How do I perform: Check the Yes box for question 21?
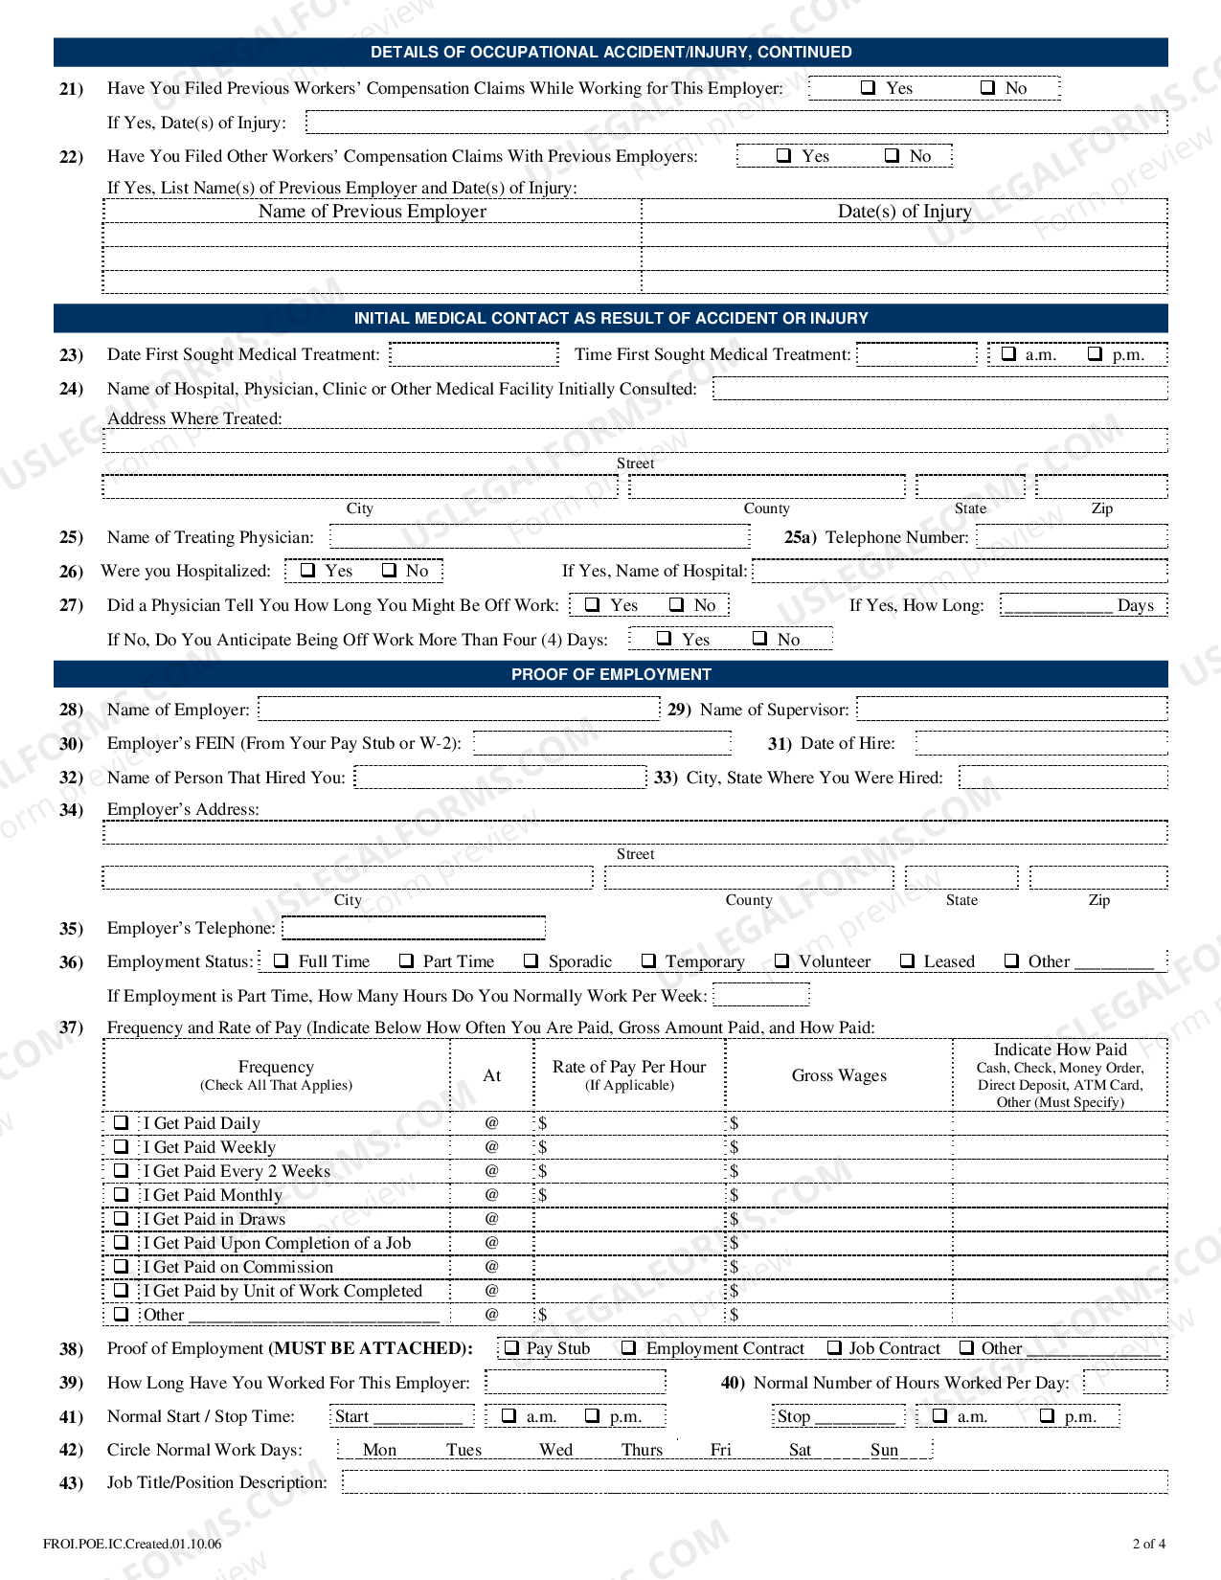tap(869, 87)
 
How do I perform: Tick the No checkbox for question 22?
tap(892, 155)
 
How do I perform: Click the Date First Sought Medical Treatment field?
tap(474, 354)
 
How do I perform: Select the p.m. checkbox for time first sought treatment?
tap(1096, 353)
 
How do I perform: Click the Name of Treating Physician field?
tap(539, 536)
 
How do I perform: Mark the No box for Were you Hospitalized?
tap(389, 570)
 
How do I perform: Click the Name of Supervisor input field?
tap(1011, 709)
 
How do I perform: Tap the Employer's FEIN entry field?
tap(601, 743)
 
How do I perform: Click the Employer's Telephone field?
tap(414, 928)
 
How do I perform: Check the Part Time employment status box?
tap(406, 960)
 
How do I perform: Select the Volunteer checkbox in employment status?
tap(781, 960)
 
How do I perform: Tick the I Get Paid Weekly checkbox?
tap(122, 1146)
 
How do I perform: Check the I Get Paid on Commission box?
tap(122, 1266)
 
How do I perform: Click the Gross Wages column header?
tap(839, 1075)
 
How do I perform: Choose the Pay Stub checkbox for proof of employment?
tap(511, 1347)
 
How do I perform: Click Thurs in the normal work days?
tap(642, 1449)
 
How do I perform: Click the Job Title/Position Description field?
tap(754, 1482)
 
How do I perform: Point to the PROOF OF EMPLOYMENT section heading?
tap(611, 674)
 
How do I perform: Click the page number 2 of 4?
tap(1148, 1543)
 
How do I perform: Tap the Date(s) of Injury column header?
tap(904, 211)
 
